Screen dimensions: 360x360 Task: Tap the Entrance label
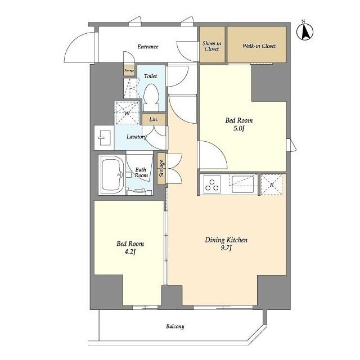point(148,47)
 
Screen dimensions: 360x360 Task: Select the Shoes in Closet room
point(211,46)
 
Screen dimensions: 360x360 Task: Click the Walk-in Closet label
point(259,46)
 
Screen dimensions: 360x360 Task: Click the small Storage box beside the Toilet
point(129,71)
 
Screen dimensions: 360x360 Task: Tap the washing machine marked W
point(128,113)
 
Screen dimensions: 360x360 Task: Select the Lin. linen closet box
point(154,119)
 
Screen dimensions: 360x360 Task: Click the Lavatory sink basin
point(103,137)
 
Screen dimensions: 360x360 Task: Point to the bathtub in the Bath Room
point(112,174)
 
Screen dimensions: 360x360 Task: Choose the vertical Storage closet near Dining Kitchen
point(161,168)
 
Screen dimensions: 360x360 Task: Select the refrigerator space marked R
point(272,184)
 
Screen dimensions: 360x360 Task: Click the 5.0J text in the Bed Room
point(239,129)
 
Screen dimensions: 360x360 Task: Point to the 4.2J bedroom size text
point(130,253)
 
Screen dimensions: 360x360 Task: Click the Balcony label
point(175,326)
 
